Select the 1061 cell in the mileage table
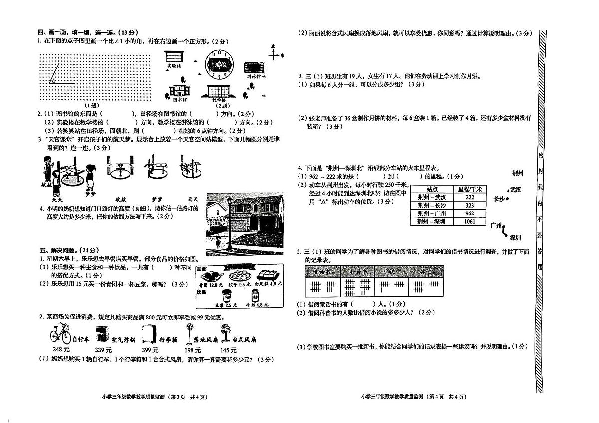469,222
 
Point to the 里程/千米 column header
469,189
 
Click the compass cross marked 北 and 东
273,55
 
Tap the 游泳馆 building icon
254,68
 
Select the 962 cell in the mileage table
469,213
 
